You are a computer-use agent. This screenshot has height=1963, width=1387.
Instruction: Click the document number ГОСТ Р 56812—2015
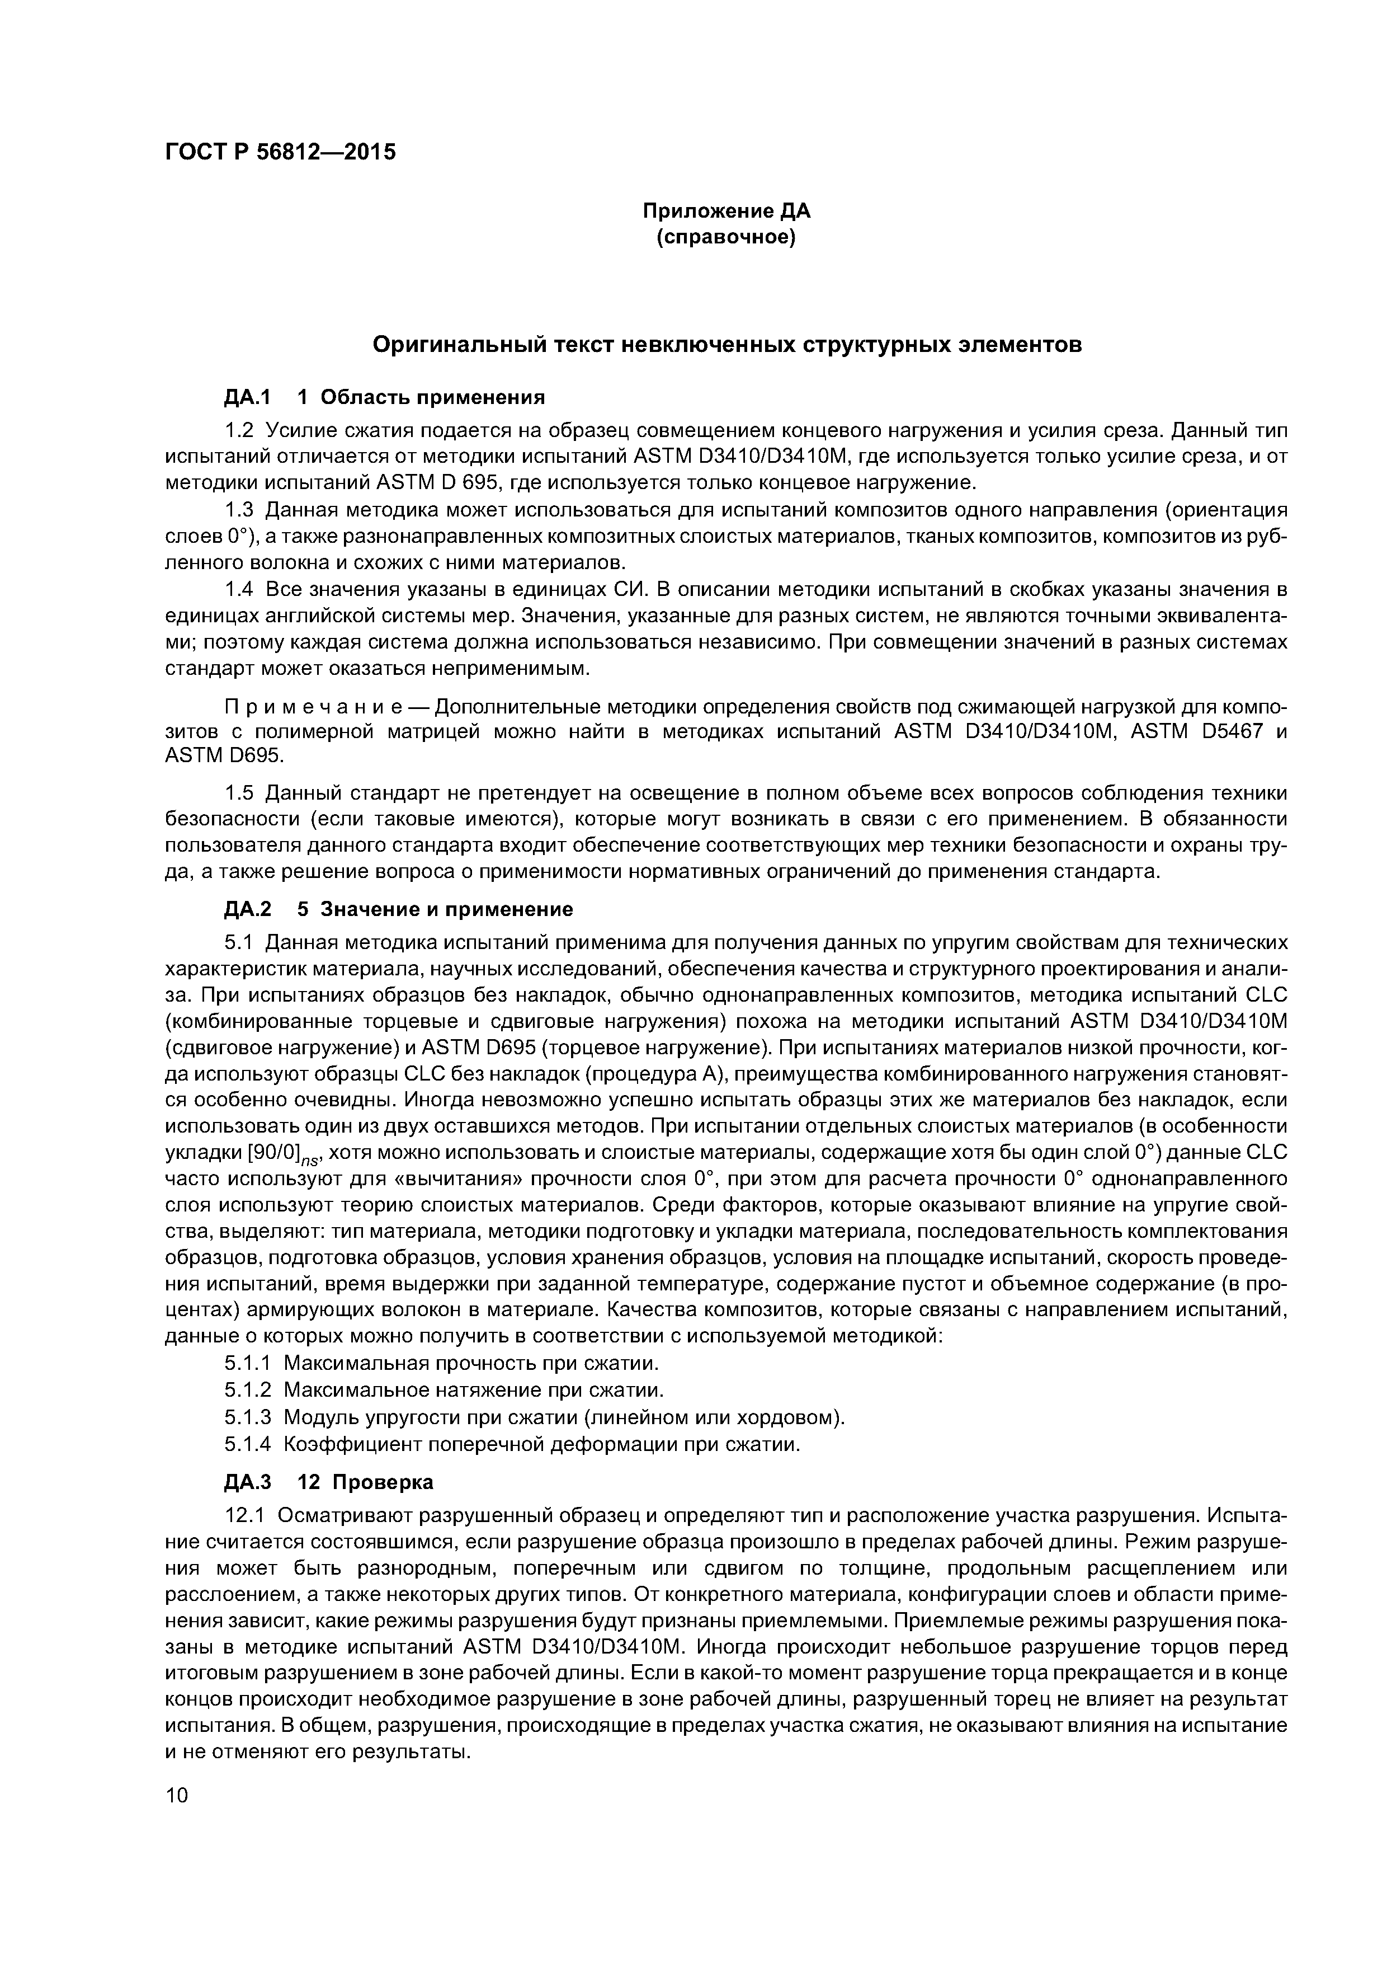pyautogui.click(x=280, y=152)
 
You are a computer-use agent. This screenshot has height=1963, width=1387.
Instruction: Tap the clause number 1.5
pyautogui.click(x=240, y=792)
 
